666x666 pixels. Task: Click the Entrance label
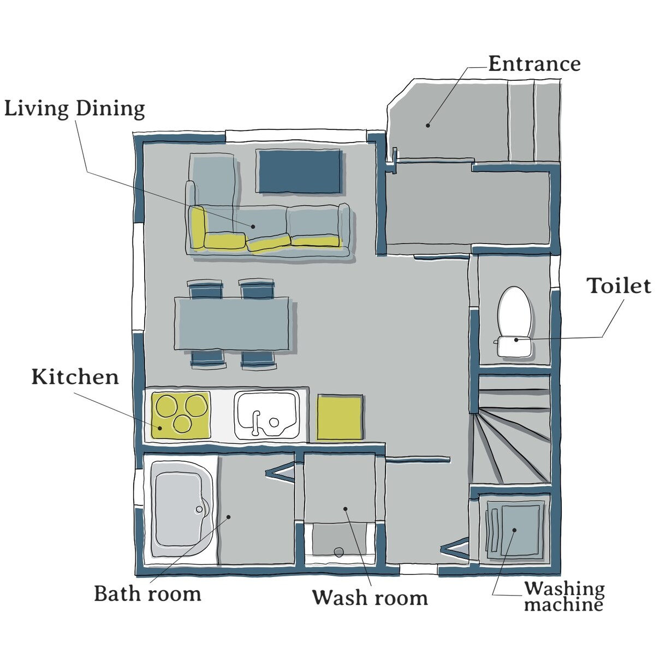click(534, 64)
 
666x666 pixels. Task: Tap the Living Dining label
click(75, 109)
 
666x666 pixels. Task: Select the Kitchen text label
click(75, 377)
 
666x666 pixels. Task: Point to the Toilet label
click(619, 286)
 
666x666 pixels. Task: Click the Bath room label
click(147, 594)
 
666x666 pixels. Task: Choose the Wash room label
click(370, 598)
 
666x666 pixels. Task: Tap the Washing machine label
click(564, 596)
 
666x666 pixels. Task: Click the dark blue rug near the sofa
click(299, 171)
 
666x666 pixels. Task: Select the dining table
click(232, 324)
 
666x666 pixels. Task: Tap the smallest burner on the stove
click(182, 424)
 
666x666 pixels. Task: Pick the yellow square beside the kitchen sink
click(340, 418)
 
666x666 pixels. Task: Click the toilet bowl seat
click(514, 311)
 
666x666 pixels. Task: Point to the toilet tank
click(514, 347)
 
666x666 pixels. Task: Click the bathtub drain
click(199, 509)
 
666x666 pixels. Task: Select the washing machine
click(514, 530)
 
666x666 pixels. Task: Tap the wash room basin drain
click(338, 552)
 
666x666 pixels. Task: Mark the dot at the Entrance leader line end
click(428, 126)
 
